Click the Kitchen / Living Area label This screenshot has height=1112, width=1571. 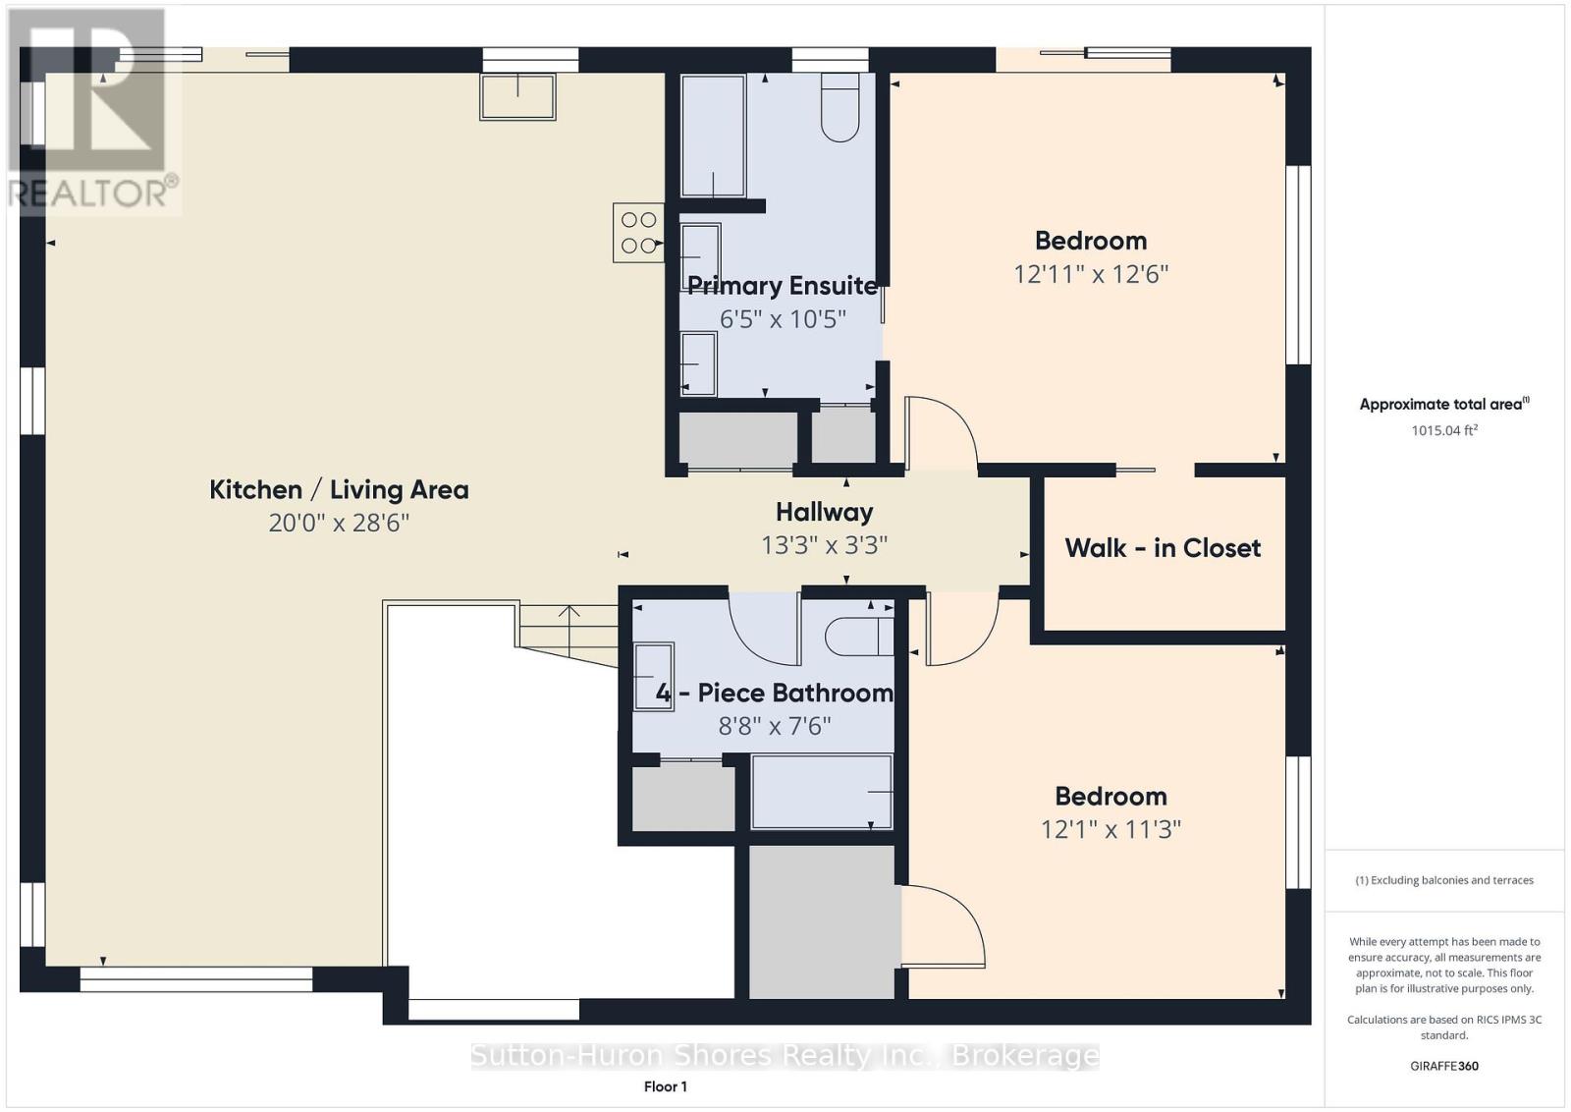[x=340, y=490]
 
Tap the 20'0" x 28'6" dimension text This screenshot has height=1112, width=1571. [x=339, y=523]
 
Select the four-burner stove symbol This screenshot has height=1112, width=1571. [x=638, y=233]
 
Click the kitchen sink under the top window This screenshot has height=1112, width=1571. [x=518, y=97]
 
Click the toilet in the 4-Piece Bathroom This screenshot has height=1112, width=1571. [x=859, y=637]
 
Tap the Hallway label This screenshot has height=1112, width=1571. [x=824, y=512]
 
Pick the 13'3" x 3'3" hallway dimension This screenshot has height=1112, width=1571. [x=824, y=545]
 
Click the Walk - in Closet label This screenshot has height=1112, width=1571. [x=1163, y=548]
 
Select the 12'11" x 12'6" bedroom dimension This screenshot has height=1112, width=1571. [x=1091, y=274]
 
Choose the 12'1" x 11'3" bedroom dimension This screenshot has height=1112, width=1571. [x=1111, y=830]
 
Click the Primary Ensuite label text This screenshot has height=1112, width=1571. [x=782, y=286]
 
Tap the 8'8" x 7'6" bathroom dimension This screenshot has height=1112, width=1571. [x=775, y=725]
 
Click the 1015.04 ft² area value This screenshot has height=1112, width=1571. [x=1444, y=430]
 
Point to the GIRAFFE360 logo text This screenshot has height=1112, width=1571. [x=1444, y=1066]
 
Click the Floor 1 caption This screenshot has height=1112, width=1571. [x=666, y=1086]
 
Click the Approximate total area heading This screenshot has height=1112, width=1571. [x=1444, y=404]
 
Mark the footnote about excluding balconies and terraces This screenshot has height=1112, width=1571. [x=1444, y=880]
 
